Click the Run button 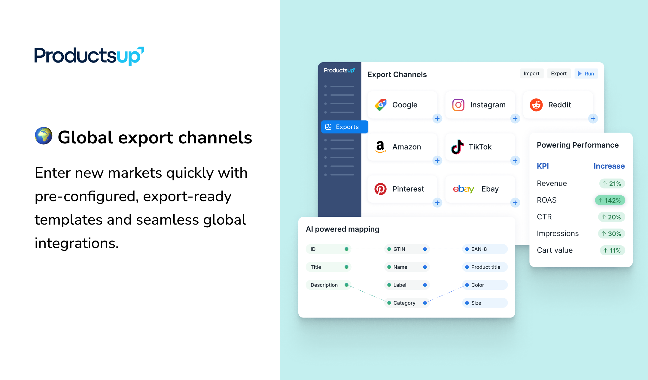pyautogui.click(x=586, y=74)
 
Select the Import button pyautogui.click(x=531, y=74)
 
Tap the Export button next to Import pyautogui.click(x=558, y=74)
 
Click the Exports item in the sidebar pyautogui.click(x=344, y=127)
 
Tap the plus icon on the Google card pyautogui.click(x=437, y=119)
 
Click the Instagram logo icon pyautogui.click(x=458, y=105)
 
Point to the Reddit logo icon pyautogui.click(x=536, y=105)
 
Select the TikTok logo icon pyautogui.click(x=458, y=147)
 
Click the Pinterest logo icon pyautogui.click(x=380, y=189)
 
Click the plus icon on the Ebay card pyautogui.click(x=515, y=203)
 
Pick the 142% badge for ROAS pyautogui.click(x=610, y=200)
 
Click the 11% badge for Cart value pyautogui.click(x=612, y=250)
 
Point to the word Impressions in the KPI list pyautogui.click(x=558, y=234)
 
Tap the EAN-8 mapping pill pyautogui.click(x=485, y=249)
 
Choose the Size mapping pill pyautogui.click(x=485, y=303)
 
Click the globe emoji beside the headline pyautogui.click(x=44, y=136)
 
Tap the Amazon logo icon pyautogui.click(x=380, y=147)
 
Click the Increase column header pyautogui.click(x=609, y=166)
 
